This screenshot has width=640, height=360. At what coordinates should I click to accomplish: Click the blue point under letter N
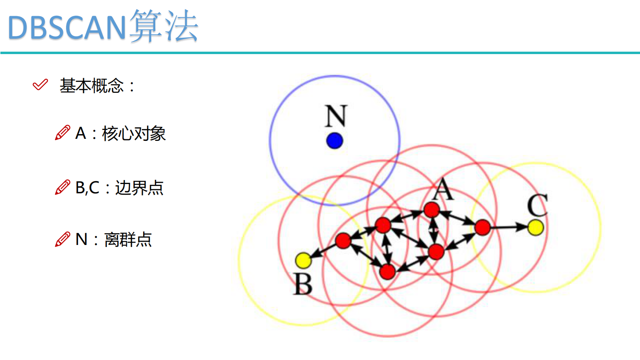334,141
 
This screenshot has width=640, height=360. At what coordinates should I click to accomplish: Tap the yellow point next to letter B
303,260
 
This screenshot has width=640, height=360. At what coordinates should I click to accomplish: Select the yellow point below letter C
536,227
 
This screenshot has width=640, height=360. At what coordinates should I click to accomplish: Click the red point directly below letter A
432,210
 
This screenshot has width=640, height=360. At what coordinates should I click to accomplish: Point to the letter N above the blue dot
336,116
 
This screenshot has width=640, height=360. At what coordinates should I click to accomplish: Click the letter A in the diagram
443,189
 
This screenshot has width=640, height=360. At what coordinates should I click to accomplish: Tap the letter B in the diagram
303,284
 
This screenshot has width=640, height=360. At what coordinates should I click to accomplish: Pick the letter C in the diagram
537,205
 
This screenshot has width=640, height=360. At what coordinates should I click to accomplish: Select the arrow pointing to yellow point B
323,251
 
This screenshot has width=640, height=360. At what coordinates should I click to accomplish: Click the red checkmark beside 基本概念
40,85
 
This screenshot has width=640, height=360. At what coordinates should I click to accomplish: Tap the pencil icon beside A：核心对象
63,133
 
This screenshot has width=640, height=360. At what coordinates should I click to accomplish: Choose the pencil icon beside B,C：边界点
63,187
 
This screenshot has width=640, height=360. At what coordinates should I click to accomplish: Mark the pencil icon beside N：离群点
63,239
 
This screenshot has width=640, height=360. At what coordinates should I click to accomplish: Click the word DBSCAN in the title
67,27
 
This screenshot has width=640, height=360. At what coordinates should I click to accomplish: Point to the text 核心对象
134,134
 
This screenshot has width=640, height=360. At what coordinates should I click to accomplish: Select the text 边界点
139,188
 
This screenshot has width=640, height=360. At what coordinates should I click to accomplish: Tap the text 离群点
128,240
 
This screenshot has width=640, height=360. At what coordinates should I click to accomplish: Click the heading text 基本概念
92,86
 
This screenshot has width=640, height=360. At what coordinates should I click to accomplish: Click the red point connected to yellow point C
482,228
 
